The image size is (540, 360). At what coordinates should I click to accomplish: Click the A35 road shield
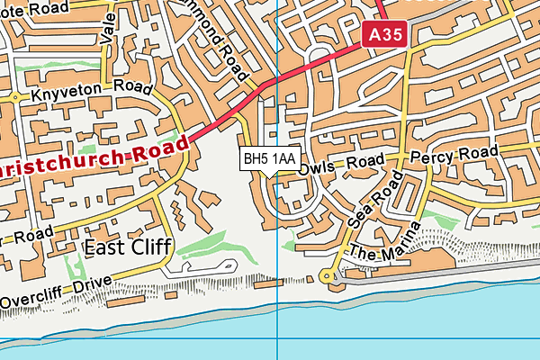387,35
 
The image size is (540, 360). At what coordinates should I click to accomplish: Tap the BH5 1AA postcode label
269,158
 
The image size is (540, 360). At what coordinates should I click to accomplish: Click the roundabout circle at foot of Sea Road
328,276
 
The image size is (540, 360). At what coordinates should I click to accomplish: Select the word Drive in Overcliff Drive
91,283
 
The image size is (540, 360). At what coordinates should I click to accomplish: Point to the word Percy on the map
429,158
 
